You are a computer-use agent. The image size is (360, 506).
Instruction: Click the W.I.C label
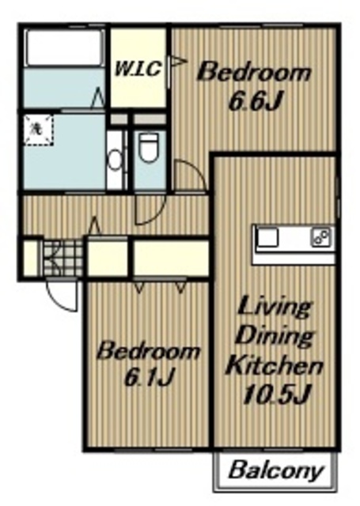pos(138,69)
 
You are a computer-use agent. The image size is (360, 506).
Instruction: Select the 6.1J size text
pos(150,377)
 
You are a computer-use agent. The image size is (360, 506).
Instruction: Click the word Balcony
pos(275,471)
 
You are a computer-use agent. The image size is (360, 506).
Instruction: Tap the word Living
pos(275,309)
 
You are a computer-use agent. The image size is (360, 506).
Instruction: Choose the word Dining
pos(275,337)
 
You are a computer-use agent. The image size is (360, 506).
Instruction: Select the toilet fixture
pos(149,148)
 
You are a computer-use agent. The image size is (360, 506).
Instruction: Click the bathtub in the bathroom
pos(65,47)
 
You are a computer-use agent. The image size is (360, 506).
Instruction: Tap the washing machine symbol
pos(38,129)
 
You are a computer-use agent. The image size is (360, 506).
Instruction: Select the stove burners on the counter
pos(321,238)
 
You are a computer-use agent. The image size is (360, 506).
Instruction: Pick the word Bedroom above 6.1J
pos(148,351)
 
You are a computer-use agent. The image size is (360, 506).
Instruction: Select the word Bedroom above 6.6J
pos(254,73)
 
